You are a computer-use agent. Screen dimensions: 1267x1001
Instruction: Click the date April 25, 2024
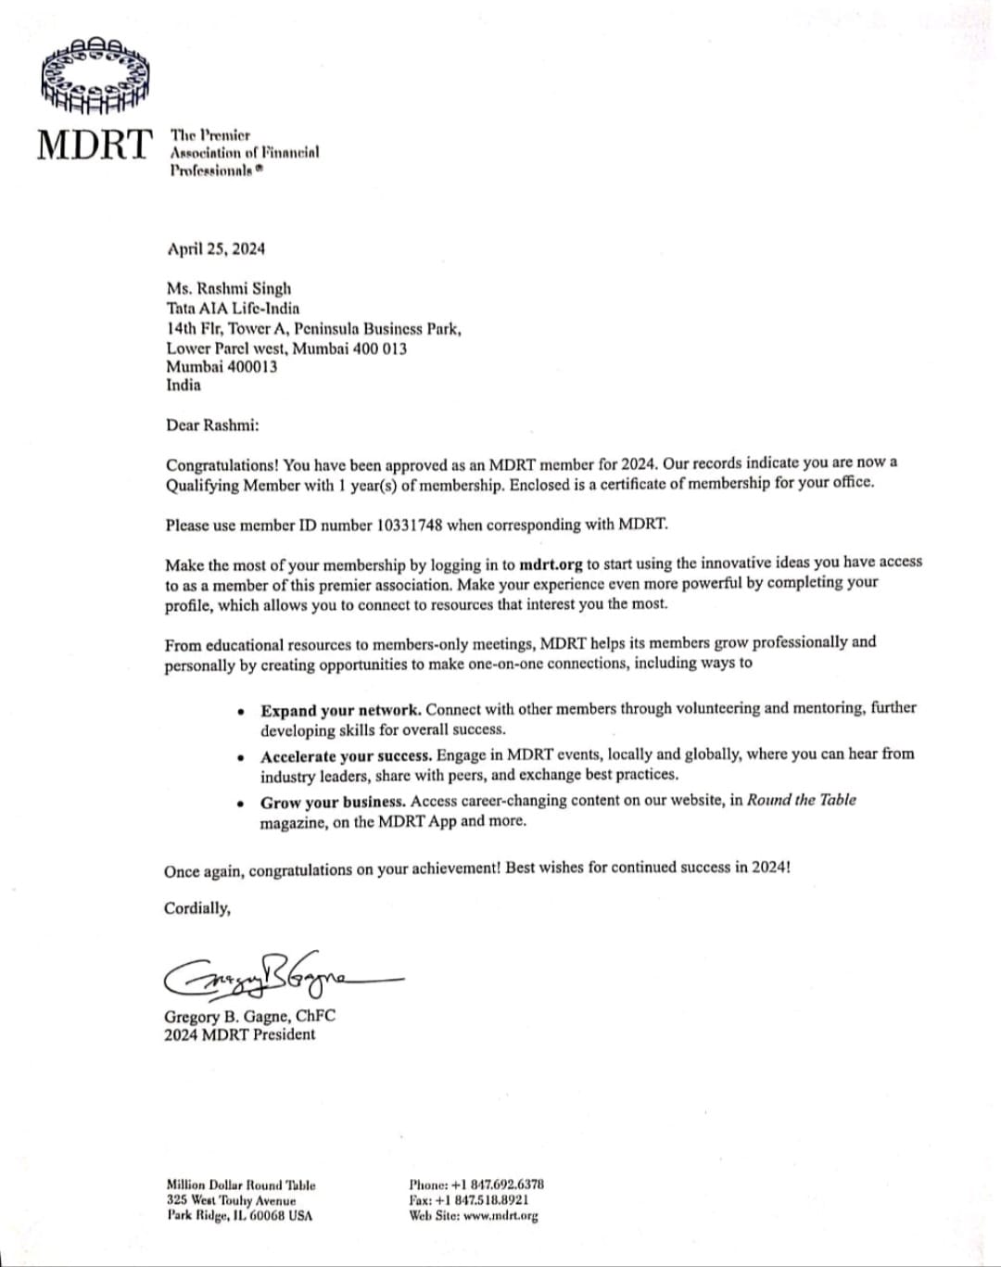point(216,248)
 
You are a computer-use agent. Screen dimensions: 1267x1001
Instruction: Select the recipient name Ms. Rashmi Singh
point(229,288)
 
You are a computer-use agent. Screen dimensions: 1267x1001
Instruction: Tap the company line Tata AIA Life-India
point(233,308)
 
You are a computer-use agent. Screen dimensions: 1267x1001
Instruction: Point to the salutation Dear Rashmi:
point(212,425)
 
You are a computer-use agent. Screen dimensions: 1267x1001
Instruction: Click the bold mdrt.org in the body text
point(551,564)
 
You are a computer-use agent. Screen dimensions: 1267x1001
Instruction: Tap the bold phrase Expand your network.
point(340,711)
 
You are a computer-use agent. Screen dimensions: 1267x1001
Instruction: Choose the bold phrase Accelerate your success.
point(346,756)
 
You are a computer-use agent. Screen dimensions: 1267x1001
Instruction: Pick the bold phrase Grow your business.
point(333,802)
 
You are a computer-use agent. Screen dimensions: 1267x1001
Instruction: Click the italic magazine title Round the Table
point(801,800)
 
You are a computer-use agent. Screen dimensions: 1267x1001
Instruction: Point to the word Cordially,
point(197,908)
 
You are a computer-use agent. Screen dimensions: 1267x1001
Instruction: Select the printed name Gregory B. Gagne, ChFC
point(249,1016)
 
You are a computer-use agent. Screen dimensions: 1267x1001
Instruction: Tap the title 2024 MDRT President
point(239,1034)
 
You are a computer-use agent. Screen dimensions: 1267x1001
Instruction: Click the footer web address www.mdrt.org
point(500,1215)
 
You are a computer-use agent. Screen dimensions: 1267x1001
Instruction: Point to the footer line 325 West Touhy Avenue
point(231,1200)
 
